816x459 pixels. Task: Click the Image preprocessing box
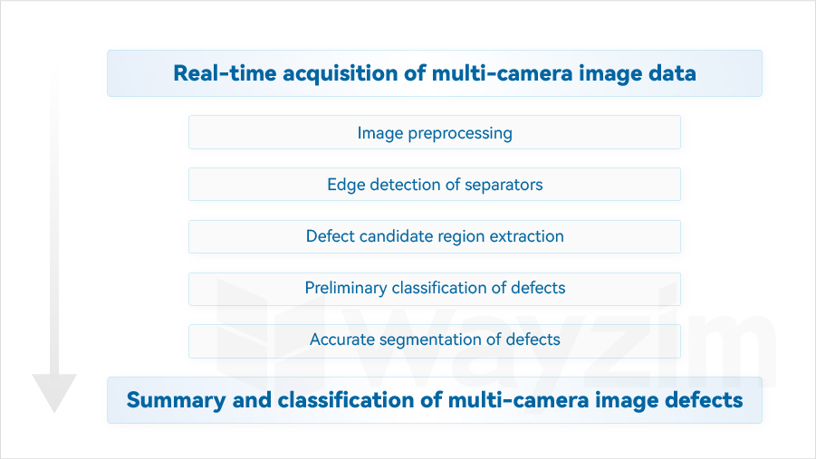[x=435, y=132]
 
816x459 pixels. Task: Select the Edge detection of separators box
[x=435, y=184]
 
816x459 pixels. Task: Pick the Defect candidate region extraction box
[x=435, y=237]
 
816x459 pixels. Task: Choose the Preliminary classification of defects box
[x=435, y=289]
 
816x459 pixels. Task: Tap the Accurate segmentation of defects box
[x=435, y=341]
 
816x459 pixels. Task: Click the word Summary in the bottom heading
[x=176, y=401]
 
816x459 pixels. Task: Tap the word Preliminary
[x=346, y=288]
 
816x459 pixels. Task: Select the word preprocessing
[x=460, y=134]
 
